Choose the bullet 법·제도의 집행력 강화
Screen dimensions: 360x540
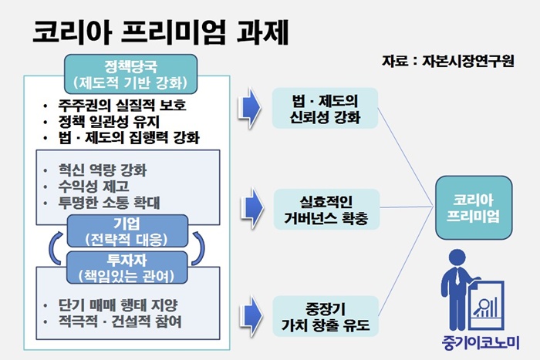click(x=123, y=139)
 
